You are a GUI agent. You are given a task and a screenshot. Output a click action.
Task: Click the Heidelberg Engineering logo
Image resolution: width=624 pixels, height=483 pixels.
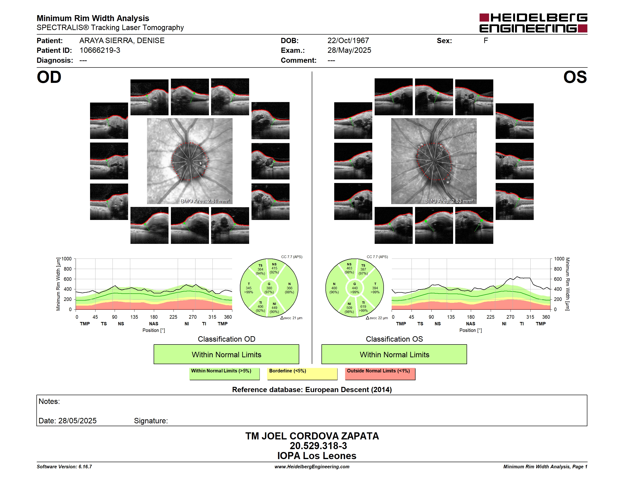pyautogui.click(x=533, y=23)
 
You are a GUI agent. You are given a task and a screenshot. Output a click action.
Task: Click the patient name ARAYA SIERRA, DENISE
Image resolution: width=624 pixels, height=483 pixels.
pyautogui.click(x=122, y=41)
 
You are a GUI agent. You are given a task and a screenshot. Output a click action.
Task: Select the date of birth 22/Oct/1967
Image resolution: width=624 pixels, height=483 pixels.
pyautogui.click(x=348, y=41)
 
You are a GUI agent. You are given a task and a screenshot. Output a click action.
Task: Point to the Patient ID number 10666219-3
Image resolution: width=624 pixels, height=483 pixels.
pyautogui.click(x=100, y=50)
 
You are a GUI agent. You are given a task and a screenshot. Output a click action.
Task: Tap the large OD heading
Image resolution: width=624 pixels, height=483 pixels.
pyautogui.click(x=49, y=77)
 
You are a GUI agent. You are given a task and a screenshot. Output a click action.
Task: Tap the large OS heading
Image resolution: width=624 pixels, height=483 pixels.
pyautogui.click(x=575, y=77)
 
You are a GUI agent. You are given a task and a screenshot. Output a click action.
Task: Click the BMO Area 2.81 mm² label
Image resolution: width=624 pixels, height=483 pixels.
pyautogui.click(x=205, y=201)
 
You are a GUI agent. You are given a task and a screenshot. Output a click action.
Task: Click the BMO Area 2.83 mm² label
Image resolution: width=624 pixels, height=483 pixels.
pyautogui.click(x=449, y=201)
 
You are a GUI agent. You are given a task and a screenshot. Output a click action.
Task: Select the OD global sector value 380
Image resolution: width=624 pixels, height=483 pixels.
pyautogui.click(x=269, y=288)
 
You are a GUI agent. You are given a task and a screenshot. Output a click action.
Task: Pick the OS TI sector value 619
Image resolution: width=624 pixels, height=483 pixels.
pyautogui.click(x=363, y=306)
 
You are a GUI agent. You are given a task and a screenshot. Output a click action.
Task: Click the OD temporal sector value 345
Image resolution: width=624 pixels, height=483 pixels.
pyautogui.click(x=249, y=288)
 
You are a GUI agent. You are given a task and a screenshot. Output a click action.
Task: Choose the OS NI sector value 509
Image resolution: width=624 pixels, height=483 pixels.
pyautogui.click(x=349, y=308)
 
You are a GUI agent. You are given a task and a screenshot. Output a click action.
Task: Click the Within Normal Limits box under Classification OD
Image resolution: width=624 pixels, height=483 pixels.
pyautogui.click(x=226, y=354)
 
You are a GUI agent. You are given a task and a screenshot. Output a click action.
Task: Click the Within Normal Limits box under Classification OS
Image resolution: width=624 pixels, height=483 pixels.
pyautogui.click(x=394, y=354)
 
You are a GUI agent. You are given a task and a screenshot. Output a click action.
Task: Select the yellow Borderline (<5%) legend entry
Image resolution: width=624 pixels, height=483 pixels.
pyautogui.click(x=302, y=374)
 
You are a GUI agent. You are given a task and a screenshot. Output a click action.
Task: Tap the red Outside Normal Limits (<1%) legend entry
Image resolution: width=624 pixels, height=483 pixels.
pyautogui.click(x=380, y=374)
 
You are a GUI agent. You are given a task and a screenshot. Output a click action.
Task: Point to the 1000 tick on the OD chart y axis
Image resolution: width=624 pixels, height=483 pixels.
pyautogui.click(x=66, y=259)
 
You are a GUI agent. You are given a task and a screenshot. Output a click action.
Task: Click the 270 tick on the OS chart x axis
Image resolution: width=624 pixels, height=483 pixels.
pyautogui.click(x=510, y=317)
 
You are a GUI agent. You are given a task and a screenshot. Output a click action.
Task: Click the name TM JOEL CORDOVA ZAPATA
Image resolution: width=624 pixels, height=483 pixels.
pyautogui.click(x=312, y=436)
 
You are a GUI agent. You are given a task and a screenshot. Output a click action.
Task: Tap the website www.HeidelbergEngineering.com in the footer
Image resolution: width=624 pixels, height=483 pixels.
pyautogui.click(x=312, y=467)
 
